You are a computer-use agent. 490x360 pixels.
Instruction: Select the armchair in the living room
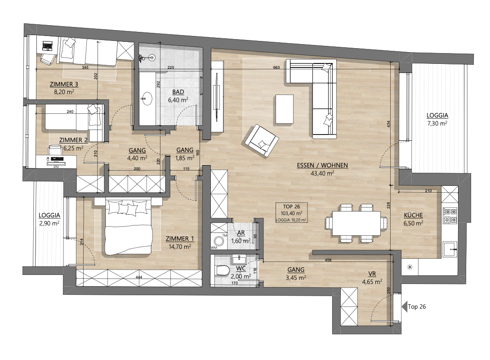[x=262, y=140]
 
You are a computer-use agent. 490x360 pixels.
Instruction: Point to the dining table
[x=356, y=223]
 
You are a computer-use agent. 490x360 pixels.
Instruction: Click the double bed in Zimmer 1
[x=128, y=227]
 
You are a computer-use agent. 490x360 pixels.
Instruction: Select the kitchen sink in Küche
[x=450, y=249]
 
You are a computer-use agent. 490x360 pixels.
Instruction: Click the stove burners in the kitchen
[x=450, y=215]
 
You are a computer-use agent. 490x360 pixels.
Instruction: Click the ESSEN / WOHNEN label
[x=322, y=165]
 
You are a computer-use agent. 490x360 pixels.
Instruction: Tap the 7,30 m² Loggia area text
[x=437, y=123]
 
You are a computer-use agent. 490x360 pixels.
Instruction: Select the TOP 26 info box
[x=292, y=213]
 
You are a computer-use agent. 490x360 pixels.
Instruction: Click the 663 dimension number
[x=276, y=67]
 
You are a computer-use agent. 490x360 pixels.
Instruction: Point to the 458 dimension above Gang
[x=328, y=260]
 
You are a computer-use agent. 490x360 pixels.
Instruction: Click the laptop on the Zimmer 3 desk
[x=47, y=45]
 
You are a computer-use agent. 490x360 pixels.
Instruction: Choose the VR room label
[x=372, y=274]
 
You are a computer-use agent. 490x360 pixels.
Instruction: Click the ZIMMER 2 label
[x=73, y=140]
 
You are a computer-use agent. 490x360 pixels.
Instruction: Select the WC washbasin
[x=239, y=259]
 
